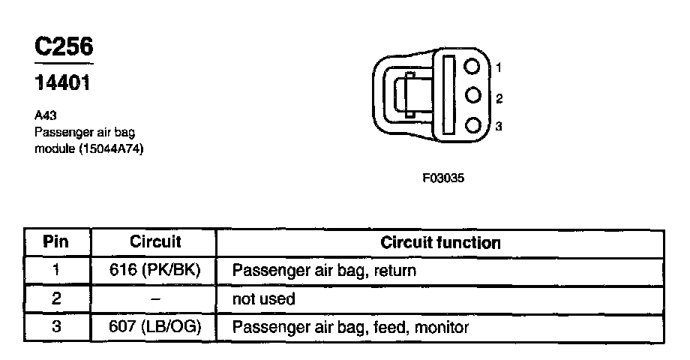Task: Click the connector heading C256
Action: click(64, 48)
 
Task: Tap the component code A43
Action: click(45, 115)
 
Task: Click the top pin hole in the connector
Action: click(472, 66)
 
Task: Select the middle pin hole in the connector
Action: click(472, 95)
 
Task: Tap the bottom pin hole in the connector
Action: click(472, 125)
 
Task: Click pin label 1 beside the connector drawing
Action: click(499, 68)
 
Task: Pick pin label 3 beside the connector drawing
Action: click(499, 127)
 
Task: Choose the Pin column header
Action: click(56, 243)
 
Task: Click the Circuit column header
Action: click(155, 243)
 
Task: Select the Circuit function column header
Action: click(440, 243)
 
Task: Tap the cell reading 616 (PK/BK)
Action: click(155, 271)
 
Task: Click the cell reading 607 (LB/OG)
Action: click(155, 328)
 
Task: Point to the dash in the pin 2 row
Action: click(155, 298)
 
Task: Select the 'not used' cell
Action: click(264, 299)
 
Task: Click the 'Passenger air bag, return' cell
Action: click(324, 271)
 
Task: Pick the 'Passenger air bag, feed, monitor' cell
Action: click(350, 328)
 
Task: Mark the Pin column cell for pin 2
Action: click(56, 299)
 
